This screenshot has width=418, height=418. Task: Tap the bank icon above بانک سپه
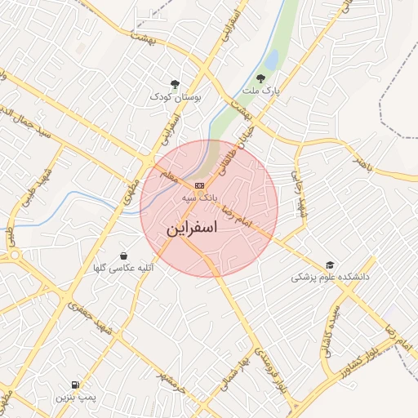pyautogui.click(x=200, y=185)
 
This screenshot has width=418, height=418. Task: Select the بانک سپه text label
pyautogui.click(x=200, y=198)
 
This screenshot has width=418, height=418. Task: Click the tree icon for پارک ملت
pyautogui.click(x=260, y=78)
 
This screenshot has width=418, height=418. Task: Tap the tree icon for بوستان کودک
pyautogui.click(x=175, y=84)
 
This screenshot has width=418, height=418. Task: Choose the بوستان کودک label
pyautogui.click(x=175, y=97)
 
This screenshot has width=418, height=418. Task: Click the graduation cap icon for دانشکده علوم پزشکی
pyautogui.click(x=330, y=265)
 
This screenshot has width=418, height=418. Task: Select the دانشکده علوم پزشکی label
pyautogui.click(x=330, y=278)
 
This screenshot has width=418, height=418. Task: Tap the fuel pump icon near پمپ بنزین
pyautogui.click(x=76, y=384)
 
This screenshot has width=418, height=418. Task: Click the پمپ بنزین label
pyautogui.click(x=76, y=397)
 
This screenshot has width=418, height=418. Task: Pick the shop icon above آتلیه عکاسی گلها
pyautogui.click(x=123, y=256)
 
